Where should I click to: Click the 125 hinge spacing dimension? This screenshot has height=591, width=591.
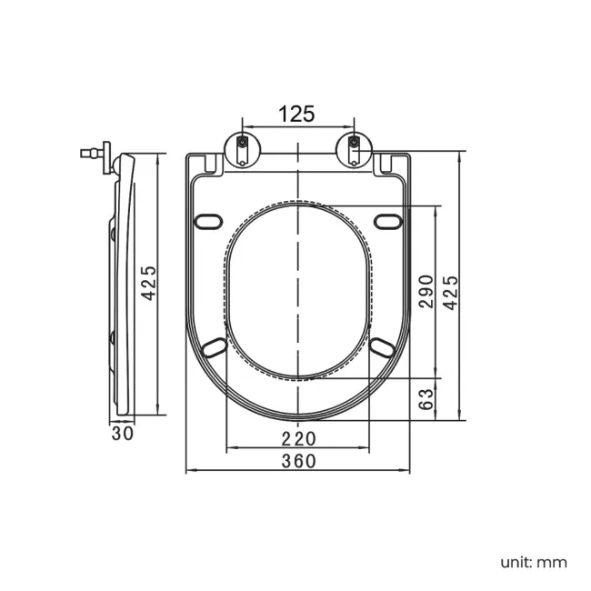(296, 114)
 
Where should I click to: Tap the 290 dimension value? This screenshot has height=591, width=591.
(426, 292)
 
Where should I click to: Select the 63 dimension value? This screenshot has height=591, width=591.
(426, 399)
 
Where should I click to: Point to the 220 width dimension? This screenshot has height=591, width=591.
(299, 439)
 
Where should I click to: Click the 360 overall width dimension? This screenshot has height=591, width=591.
(299, 461)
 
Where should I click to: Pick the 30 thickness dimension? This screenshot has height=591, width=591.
(123, 434)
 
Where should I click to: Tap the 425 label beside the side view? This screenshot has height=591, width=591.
(148, 283)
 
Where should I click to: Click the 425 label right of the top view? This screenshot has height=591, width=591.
(450, 293)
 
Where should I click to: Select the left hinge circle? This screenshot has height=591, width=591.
(243, 150)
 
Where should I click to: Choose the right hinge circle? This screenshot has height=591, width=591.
(354, 150)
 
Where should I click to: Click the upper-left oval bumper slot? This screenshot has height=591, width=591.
(208, 221)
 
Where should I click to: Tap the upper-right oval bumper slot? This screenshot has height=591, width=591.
(388, 221)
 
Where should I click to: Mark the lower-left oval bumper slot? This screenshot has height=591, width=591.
(215, 347)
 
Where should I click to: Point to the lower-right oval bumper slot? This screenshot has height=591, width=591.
(383, 347)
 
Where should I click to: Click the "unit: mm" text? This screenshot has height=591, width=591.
(534, 563)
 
